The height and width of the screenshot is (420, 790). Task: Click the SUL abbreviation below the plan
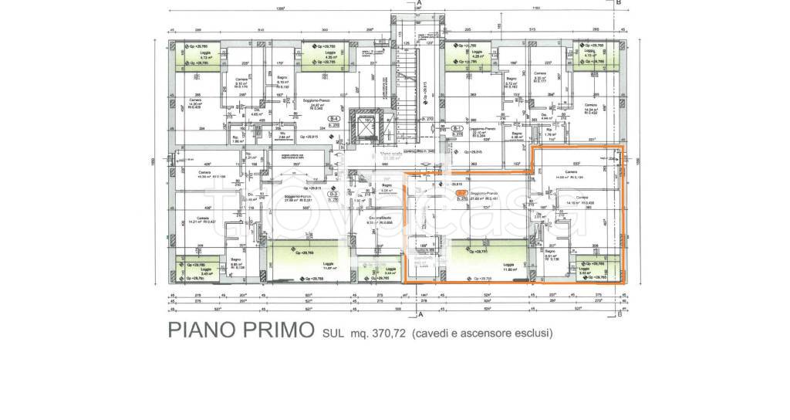pos(332,334)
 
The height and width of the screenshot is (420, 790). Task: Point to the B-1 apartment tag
pos(457,127)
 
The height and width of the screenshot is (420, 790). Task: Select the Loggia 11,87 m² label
pos(328,266)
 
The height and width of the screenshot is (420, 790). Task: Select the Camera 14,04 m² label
pos(591,108)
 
